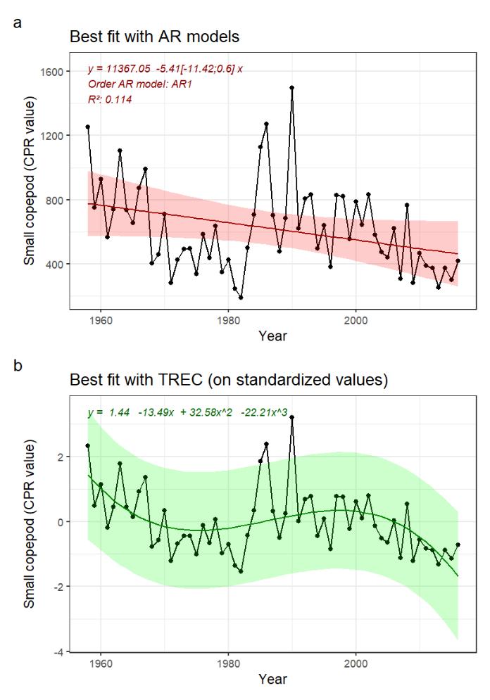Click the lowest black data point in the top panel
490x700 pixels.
coord(241,298)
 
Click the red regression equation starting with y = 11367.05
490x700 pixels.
coord(165,69)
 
